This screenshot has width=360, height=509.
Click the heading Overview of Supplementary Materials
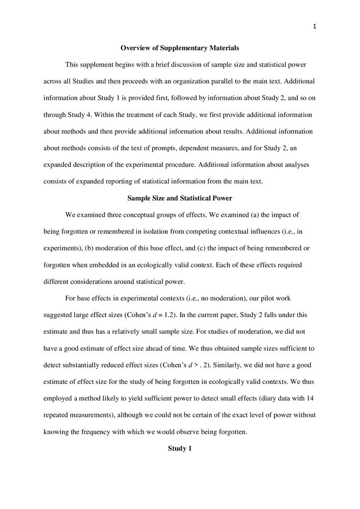[180, 48]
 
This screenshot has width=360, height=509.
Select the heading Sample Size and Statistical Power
[180, 198]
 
